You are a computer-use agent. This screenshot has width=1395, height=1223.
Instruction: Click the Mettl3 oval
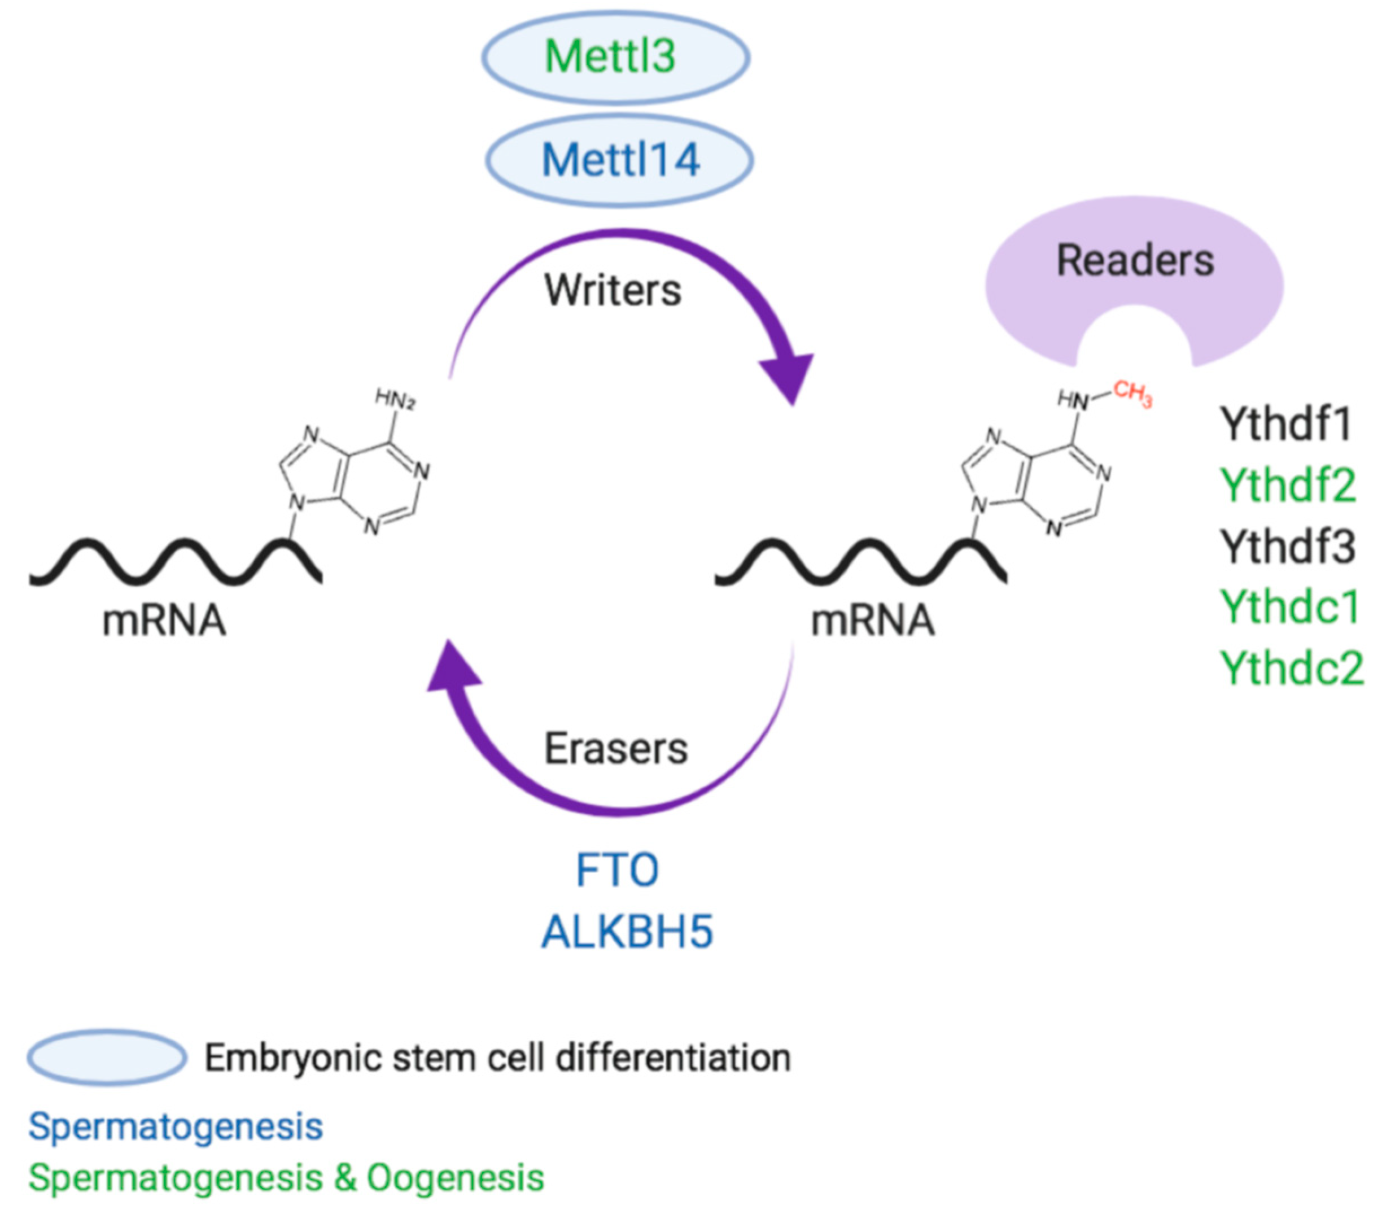[615, 56]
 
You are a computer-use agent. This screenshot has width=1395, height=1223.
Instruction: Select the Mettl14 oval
[620, 160]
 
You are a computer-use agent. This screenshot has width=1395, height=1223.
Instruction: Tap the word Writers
[612, 291]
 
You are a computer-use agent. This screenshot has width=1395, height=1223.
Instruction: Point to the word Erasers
[615, 749]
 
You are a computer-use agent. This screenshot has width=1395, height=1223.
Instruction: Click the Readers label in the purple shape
[1135, 261]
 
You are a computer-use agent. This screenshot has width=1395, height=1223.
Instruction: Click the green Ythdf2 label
[1288, 485]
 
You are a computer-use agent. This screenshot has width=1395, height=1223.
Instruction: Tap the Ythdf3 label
[1287, 547]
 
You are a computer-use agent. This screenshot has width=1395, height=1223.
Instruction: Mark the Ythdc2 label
[1291, 667]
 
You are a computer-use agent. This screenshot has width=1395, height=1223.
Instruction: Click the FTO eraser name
[617, 871]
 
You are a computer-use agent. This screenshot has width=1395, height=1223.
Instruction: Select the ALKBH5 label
[627, 932]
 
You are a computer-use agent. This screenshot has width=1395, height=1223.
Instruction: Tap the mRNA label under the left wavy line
[164, 621]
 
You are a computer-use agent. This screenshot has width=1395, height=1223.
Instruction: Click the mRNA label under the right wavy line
[872, 621]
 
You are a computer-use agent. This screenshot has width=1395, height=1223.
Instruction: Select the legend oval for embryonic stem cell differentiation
[107, 1058]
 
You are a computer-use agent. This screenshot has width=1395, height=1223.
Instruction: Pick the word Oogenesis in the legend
[455, 1178]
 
